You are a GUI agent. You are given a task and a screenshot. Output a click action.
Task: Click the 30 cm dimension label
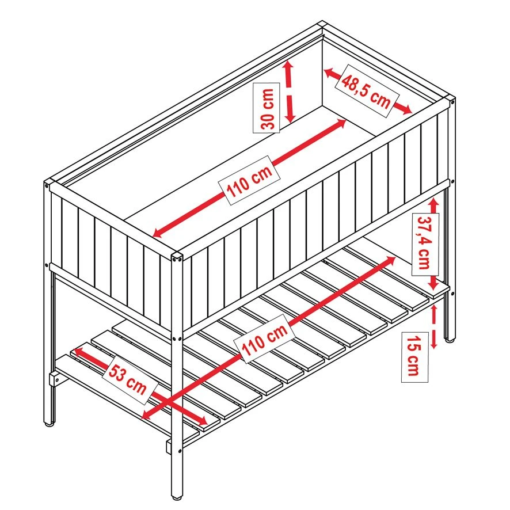[x=267, y=108]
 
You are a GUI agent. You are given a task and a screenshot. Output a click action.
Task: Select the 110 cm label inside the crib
[x=249, y=180]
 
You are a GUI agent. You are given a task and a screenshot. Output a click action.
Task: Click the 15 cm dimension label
[x=414, y=357]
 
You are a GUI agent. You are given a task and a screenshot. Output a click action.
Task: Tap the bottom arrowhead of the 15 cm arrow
[x=433, y=344]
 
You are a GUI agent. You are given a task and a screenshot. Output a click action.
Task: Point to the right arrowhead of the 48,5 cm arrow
[x=407, y=110]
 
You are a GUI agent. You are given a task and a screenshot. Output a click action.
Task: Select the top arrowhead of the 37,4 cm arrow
[x=433, y=203]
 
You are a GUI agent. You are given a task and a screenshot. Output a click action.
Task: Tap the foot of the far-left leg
[x=49, y=424]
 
